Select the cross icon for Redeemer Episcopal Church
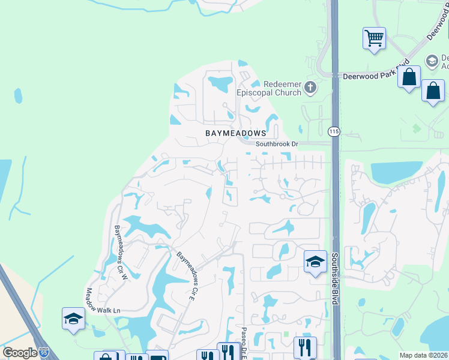click(310, 88)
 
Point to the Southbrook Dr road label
click(277, 144)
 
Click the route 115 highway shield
click(334, 131)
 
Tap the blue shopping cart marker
click(374, 38)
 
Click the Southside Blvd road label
click(335, 278)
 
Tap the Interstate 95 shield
click(44, 353)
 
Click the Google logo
click(20, 353)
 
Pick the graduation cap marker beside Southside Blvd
click(315, 262)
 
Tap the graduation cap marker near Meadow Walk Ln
click(73, 319)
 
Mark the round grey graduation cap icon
click(431, 61)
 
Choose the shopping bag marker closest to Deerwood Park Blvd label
click(409, 77)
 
